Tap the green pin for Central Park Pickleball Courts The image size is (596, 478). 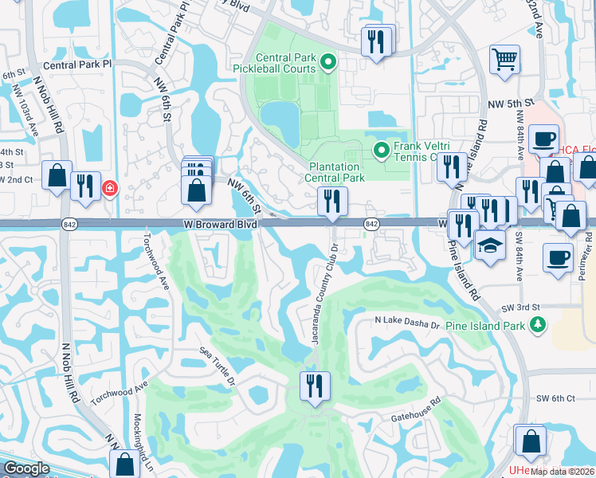tap(327, 61)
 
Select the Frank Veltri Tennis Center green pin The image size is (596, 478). tap(382, 149)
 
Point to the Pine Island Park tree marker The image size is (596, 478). tap(539, 325)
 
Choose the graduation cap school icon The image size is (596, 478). tap(490, 245)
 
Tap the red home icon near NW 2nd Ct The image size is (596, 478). tap(110, 190)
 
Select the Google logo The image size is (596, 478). tap(27, 468)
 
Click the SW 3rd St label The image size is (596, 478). tap(521, 308)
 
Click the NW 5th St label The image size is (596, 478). tap(508, 104)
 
